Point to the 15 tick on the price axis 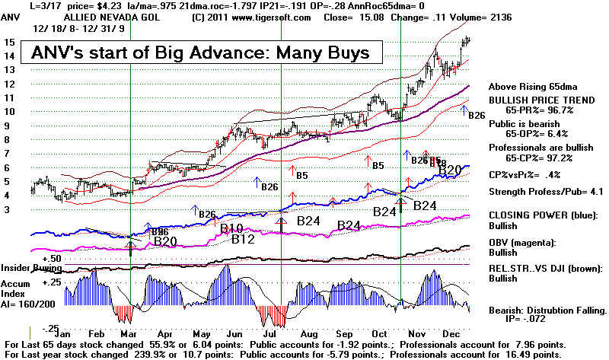(x=10, y=43)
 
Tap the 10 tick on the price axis (x=10, y=112)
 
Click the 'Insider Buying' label (x=28, y=268)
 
